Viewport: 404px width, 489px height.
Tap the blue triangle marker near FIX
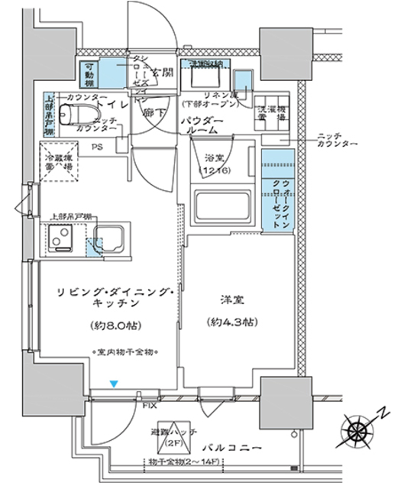pyautogui.click(x=114, y=384)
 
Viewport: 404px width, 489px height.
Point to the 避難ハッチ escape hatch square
pyautogui.click(x=173, y=435)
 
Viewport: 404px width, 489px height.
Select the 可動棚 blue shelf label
pyautogui.click(x=89, y=72)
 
